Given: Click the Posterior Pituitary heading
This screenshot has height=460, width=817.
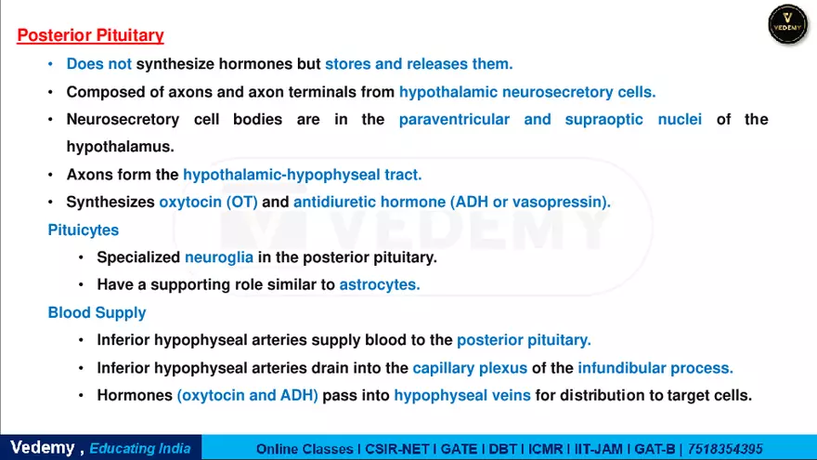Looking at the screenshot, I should click(91, 36).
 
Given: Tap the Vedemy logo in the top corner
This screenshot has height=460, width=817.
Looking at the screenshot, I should click(788, 24).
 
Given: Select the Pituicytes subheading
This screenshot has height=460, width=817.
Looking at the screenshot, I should click(84, 230).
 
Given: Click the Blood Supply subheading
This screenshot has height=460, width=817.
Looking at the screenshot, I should click(97, 313).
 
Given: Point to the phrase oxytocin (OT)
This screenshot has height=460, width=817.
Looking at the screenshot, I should click(208, 202).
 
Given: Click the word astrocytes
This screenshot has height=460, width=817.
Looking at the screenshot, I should click(380, 285).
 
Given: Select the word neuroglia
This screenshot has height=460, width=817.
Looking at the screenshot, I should click(219, 257).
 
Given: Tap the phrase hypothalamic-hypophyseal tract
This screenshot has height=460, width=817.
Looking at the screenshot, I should click(303, 175).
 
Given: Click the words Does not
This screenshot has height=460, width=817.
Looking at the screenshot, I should click(99, 64).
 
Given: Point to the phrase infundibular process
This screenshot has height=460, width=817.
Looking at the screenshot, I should click(655, 368).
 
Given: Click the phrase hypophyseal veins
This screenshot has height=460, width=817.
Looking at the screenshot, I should click(462, 396).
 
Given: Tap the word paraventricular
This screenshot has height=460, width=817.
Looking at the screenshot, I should click(454, 120).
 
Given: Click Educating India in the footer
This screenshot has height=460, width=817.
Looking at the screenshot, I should click(140, 448).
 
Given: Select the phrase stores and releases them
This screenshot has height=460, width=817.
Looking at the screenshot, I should click(419, 64).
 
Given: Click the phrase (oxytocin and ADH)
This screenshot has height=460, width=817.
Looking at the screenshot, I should click(248, 396).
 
